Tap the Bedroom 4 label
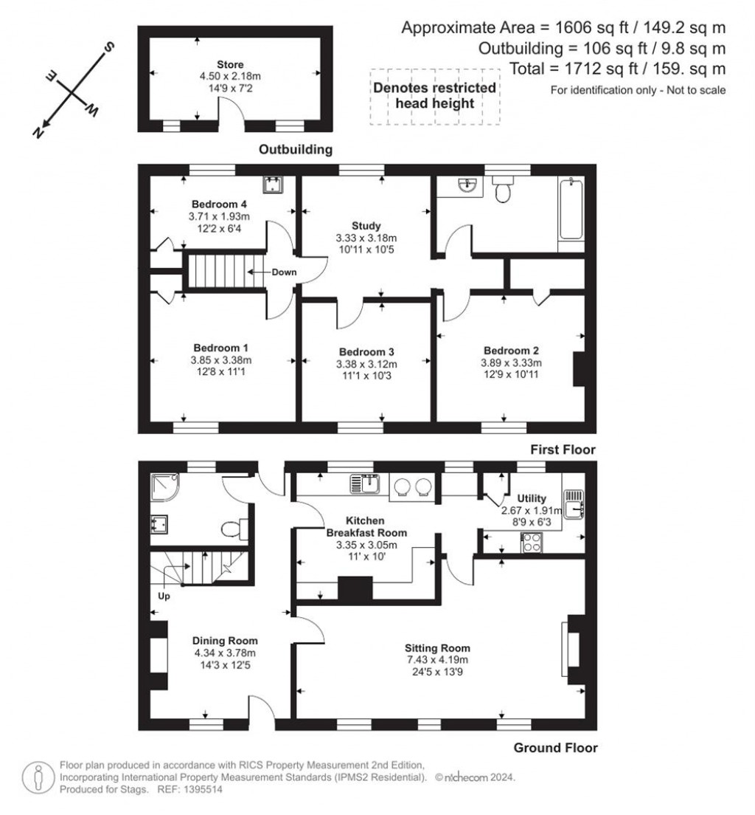tap(219, 204)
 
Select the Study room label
tap(366, 226)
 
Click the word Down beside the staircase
tap(284, 272)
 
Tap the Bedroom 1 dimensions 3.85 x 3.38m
tap(222, 360)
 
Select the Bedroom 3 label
tap(366, 351)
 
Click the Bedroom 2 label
tap(511, 350)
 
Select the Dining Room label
tap(225, 641)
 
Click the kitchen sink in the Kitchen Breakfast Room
tap(365, 484)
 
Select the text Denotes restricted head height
tap(434, 95)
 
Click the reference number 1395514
tap(200, 789)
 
